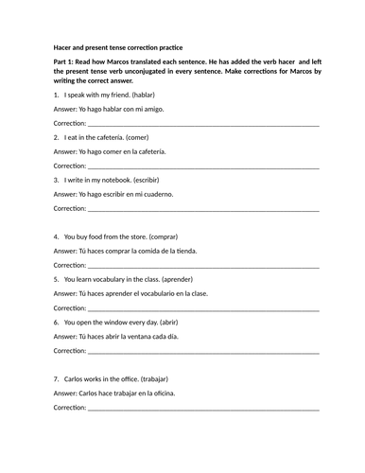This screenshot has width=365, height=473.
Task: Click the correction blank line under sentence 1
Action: (x=202, y=125)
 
